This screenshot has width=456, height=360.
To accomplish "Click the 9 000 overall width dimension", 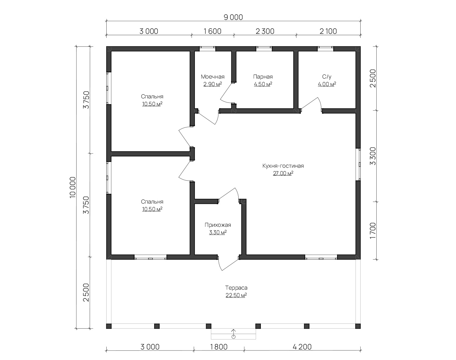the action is tap(233, 17).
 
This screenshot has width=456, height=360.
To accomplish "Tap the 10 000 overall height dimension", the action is tap(72, 188).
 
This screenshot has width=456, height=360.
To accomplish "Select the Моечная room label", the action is tap(213, 77).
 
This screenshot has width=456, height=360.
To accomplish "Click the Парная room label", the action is tap(263, 77).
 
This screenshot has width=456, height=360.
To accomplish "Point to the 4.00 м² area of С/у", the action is tap(327, 84).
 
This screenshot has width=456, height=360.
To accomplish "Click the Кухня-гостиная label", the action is tap(283, 166).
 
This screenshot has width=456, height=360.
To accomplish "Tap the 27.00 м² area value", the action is tap(283, 174).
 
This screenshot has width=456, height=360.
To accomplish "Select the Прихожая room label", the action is tap(218, 225).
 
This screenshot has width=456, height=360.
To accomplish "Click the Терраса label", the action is tap(236, 288).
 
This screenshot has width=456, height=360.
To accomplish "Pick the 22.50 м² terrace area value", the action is tap(236, 295).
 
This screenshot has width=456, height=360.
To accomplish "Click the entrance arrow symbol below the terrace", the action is tap(233, 334).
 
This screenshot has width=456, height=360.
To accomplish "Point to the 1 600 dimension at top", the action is tap(213, 31).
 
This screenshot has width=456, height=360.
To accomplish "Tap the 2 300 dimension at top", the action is tap(265, 31).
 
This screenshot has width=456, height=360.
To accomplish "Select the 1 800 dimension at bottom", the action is tap(219, 347).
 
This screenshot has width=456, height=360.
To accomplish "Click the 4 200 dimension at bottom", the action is tap(302, 347).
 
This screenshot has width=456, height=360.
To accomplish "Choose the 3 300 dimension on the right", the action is tap(373, 156).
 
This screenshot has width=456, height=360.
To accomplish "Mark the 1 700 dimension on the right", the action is tap(373, 231).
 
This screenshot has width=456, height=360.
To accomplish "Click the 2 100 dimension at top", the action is tap(328, 31).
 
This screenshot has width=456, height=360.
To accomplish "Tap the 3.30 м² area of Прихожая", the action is tap(218, 233).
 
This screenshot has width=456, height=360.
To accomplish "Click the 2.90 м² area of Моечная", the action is tap(213, 84).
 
